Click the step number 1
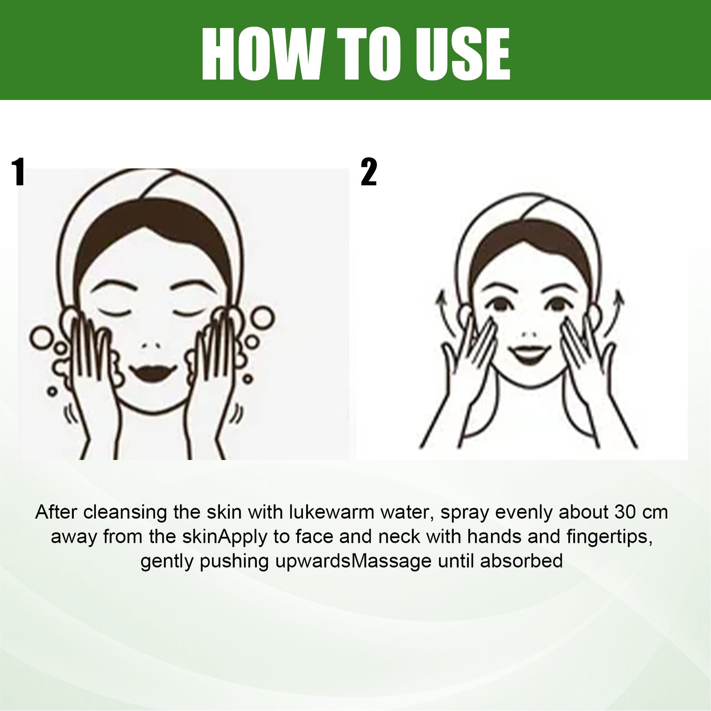coord(18,172)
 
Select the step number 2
coord(369,172)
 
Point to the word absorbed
coord(522,561)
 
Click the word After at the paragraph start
coord(57,513)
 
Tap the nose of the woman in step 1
coord(151,346)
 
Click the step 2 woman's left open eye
coord(500,306)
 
